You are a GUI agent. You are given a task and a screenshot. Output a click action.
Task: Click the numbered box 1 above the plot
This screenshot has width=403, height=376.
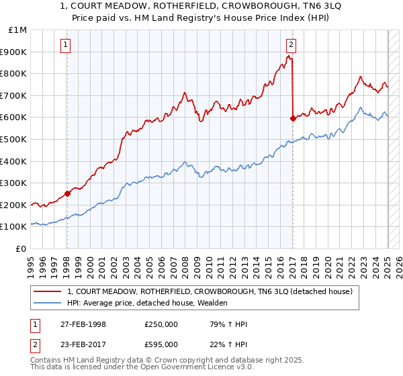(66, 45)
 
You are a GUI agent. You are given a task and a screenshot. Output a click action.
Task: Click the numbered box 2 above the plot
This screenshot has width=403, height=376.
(291, 45)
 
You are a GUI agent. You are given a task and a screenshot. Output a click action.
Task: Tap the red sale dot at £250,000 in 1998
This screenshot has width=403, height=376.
(67, 194)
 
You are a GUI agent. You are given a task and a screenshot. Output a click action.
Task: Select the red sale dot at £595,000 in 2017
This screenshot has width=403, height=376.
(293, 118)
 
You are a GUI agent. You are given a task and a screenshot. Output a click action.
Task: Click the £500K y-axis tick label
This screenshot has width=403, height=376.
(13, 140)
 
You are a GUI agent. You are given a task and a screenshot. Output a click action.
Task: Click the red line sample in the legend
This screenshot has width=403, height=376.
(47, 291)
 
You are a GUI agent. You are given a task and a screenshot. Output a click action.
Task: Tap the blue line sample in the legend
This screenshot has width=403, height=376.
(47, 303)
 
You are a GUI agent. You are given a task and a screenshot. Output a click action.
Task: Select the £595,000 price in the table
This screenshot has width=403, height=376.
(161, 344)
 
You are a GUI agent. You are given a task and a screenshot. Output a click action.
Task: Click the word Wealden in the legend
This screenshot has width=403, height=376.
(211, 303)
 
